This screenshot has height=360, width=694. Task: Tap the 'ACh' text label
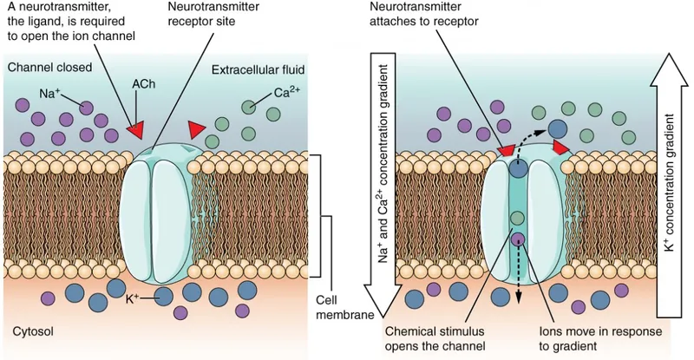pyautogui.click(x=143, y=84)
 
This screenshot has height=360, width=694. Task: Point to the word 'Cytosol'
pyautogui.click(x=33, y=332)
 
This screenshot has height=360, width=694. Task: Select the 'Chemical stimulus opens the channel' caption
pyautogui.click(x=446, y=337)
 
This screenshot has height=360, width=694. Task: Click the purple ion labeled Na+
pyautogui.click(x=86, y=107)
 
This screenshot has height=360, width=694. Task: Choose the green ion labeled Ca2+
pyautogui.click(x=250, y=108)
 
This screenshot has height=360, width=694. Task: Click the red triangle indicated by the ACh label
pyautogui.click(x=134, y=131)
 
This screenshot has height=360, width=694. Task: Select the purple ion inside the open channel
pyautogui.click(x=518, y=239)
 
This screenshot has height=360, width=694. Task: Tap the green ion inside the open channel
pyautogui.click(x=518, y=218)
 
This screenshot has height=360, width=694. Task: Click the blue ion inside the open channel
pyautogui.click(x=518, y=169)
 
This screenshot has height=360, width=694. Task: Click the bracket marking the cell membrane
pyautogui.click(x=318, y=217)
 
